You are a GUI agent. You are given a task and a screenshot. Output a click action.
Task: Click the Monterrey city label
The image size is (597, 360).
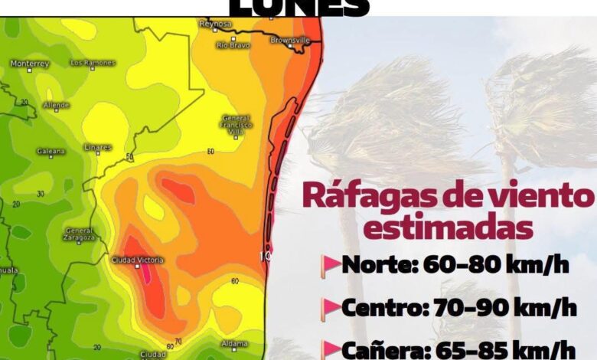tap(31, 63)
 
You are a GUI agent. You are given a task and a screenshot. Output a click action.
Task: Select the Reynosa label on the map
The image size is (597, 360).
tap(215, 25)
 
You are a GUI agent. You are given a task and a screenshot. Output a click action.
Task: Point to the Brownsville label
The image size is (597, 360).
tap(291, 39)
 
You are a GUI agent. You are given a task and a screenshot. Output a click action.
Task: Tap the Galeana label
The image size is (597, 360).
tap(51, 151)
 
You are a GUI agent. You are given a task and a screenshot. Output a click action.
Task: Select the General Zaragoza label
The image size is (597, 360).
tap(80, 234)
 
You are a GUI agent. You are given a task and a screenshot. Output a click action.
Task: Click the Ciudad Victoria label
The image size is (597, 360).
tap(138, 260)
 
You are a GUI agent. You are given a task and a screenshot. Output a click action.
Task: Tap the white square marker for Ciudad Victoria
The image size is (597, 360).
tap(138, 267)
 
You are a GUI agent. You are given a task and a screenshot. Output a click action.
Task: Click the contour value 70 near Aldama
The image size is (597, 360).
tap(178, 341)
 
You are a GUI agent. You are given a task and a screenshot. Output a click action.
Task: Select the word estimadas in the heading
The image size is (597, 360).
tap(447, 227)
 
